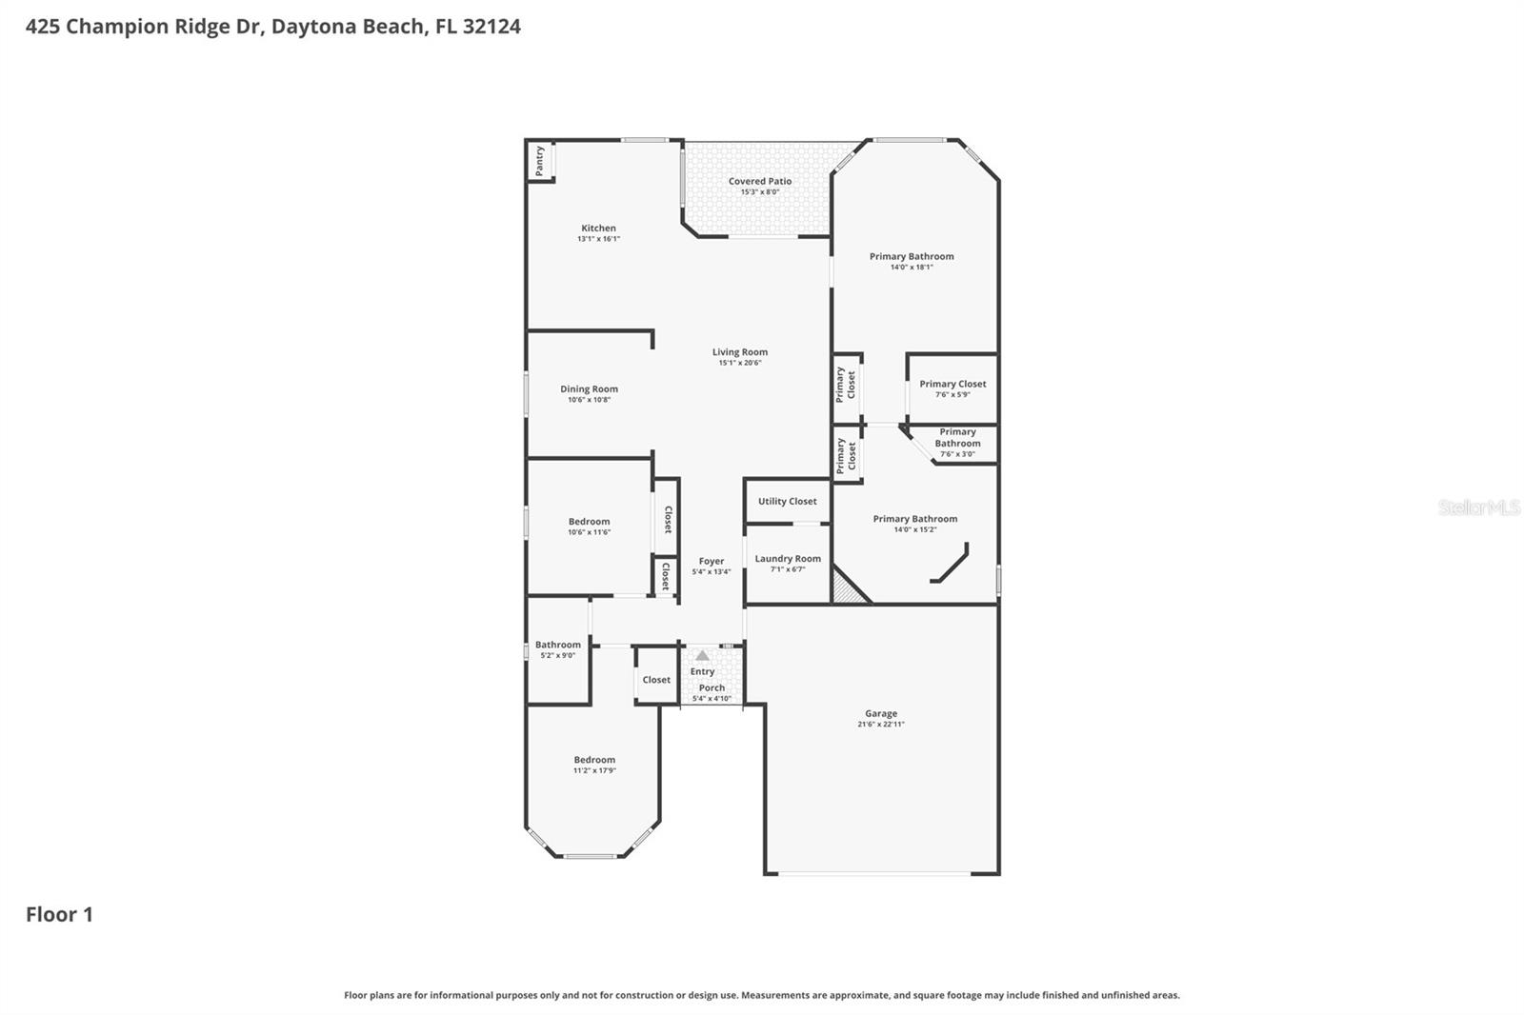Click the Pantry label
pos(540,161)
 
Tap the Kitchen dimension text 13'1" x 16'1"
pos(598,239)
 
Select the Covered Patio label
pos(760,181)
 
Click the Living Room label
pos(740,352)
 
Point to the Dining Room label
pos(589,388)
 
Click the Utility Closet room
pos(787,502)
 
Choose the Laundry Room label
pos(788,559)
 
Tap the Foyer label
pos(712,562)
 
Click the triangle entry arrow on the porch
pos(702,656)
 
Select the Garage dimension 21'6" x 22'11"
pos(881,725)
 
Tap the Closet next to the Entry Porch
pos(656,680)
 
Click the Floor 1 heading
pos(59,915)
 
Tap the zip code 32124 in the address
pos(491,26)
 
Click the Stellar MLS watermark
pos(1478,507)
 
